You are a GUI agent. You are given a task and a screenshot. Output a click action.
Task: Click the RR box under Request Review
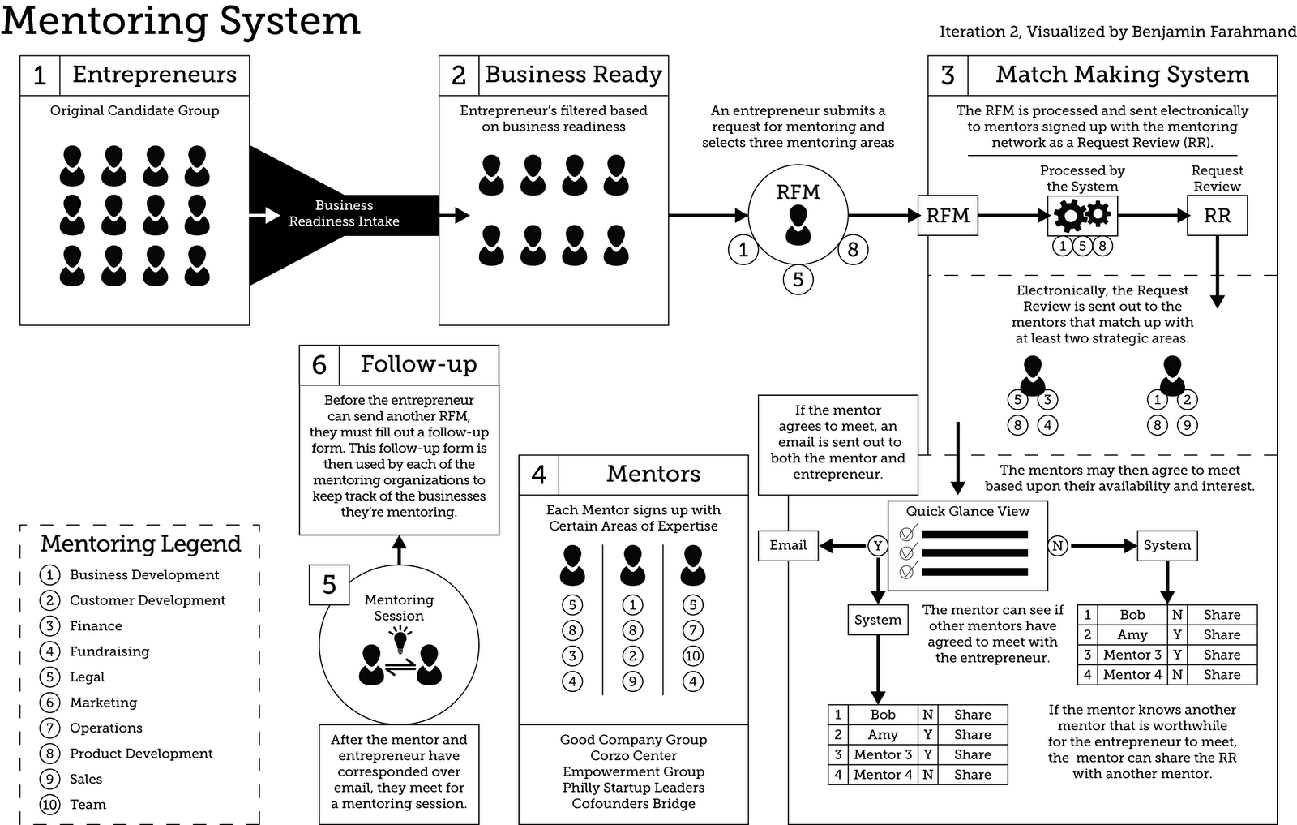click(1217, 216)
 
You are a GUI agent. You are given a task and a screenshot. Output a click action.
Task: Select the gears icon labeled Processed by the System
click(1082, 215)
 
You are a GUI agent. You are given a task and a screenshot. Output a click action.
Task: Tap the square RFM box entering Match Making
click(948, 216)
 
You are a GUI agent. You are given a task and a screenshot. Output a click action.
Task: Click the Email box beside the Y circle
click(788, 545)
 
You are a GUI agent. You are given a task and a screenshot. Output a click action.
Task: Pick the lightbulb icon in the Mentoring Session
click(399, 641)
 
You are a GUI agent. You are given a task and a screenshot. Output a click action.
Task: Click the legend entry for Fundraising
click(109, 651)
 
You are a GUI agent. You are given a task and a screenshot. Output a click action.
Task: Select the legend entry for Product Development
click(140, 754)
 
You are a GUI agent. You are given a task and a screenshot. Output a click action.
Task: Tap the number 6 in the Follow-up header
click(319, 365)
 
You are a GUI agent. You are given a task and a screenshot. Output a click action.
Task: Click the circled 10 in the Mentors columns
click(692, 655)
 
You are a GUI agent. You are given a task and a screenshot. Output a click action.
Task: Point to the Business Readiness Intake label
click(344, 213)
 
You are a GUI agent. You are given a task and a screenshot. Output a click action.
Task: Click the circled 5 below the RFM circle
click(798, 280)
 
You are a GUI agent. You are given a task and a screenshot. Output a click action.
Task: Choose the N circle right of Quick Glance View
click(1058, 546)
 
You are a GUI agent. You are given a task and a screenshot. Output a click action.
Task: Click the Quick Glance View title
click(967, 512)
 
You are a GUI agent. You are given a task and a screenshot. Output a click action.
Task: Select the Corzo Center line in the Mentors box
click(633, 755)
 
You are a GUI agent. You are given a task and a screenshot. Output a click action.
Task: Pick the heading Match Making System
click(1122, 75)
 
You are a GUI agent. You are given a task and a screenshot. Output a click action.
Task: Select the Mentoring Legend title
click(140, 544)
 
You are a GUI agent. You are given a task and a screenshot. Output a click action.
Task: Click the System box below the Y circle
click(877, 620)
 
